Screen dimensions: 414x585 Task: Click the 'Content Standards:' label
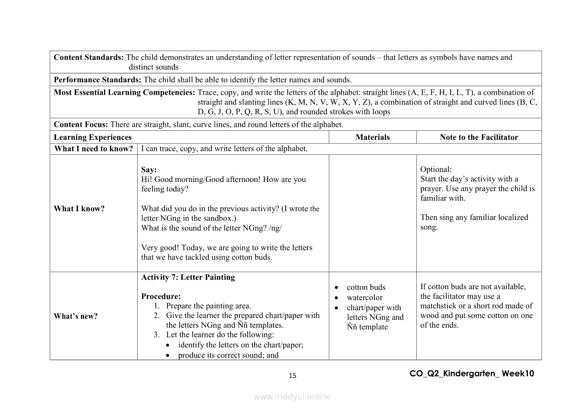89,57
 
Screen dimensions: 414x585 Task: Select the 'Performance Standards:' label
98,80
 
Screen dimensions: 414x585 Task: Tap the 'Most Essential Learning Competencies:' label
124,92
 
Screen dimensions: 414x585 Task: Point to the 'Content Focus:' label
81,124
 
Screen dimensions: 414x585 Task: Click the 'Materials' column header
372,137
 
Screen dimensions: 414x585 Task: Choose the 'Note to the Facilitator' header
478,137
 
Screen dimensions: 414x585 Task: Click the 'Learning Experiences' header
93,137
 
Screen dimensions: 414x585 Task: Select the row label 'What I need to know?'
94,148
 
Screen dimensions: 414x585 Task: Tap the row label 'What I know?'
79,209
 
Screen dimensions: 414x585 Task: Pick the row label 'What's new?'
76,316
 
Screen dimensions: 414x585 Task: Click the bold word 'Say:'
149,170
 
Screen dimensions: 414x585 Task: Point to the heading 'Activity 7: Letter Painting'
188,277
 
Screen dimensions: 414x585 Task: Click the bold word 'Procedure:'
161,296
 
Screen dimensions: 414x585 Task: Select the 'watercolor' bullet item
364,297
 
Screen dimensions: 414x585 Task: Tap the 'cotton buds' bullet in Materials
366,287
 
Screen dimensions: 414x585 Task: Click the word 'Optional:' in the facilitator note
436,169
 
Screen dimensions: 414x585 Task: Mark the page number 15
293,375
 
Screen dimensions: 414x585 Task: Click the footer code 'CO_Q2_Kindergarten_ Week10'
471,373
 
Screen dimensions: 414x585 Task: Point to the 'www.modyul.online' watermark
292,396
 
